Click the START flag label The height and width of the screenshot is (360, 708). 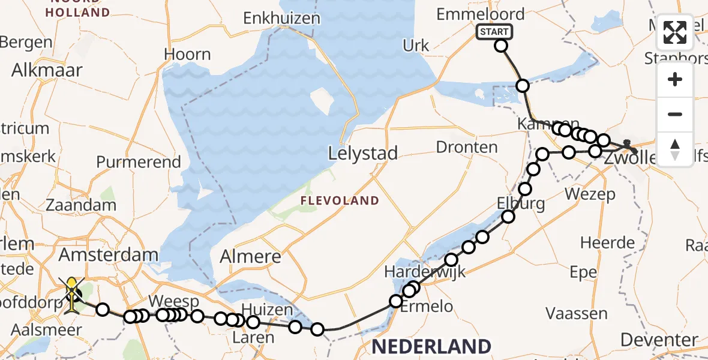[494, 32]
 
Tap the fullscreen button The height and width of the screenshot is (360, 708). [675, 32]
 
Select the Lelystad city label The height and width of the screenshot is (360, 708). [363, 154]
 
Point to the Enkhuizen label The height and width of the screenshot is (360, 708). [281, 19]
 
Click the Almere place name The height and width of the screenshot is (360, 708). [250, 257]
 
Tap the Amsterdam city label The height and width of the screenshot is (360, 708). [108, 255]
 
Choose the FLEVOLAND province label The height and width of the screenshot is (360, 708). [340, 200]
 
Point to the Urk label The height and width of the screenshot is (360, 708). [416, 46]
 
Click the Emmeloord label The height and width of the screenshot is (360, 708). [480, 14]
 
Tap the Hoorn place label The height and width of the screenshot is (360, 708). [187, 55]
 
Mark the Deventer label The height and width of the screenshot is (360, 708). [659, 340]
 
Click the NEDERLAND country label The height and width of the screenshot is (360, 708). [431, 346]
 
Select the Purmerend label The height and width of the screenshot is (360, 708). [138, 162]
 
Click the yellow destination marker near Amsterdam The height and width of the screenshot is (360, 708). [73, 292]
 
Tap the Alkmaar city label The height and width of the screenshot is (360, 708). [46, 70]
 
